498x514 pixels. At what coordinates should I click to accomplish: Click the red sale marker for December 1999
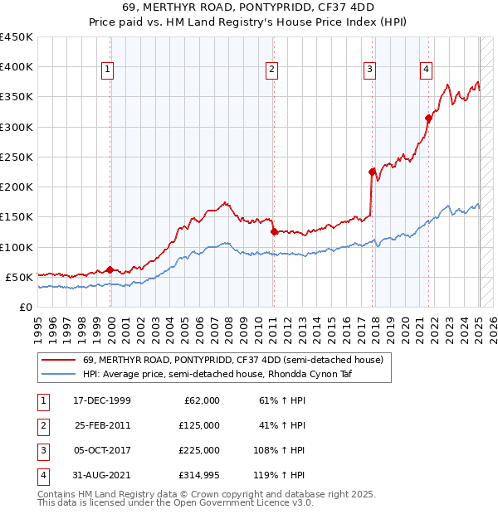(x=110, y=269)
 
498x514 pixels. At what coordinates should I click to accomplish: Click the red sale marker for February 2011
(x=273, y=232)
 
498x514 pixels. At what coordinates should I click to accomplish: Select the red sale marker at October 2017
(x=372, y=172)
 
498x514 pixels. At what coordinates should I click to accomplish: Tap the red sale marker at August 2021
(x=428, y=118)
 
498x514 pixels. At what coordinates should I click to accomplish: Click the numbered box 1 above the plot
(x=108, y=70)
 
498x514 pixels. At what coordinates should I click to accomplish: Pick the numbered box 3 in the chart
(x=369, y=70)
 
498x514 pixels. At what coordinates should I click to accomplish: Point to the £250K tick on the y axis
(x=17, y=157)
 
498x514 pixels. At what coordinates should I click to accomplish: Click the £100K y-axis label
(x=17, y=247)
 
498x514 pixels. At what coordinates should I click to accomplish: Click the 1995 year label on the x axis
(x=38, y=322)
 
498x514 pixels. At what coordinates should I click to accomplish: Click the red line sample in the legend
(x=57, y=360)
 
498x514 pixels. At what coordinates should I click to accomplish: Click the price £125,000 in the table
(x=199, y=425)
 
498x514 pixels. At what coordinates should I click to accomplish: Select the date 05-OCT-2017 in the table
(x=101, y=450)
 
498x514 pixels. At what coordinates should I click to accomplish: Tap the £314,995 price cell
(x=199, y=475)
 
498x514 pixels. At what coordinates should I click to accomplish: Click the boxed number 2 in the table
(x=43, y=425)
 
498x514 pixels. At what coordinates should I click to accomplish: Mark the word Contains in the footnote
(x=57, y=494)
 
